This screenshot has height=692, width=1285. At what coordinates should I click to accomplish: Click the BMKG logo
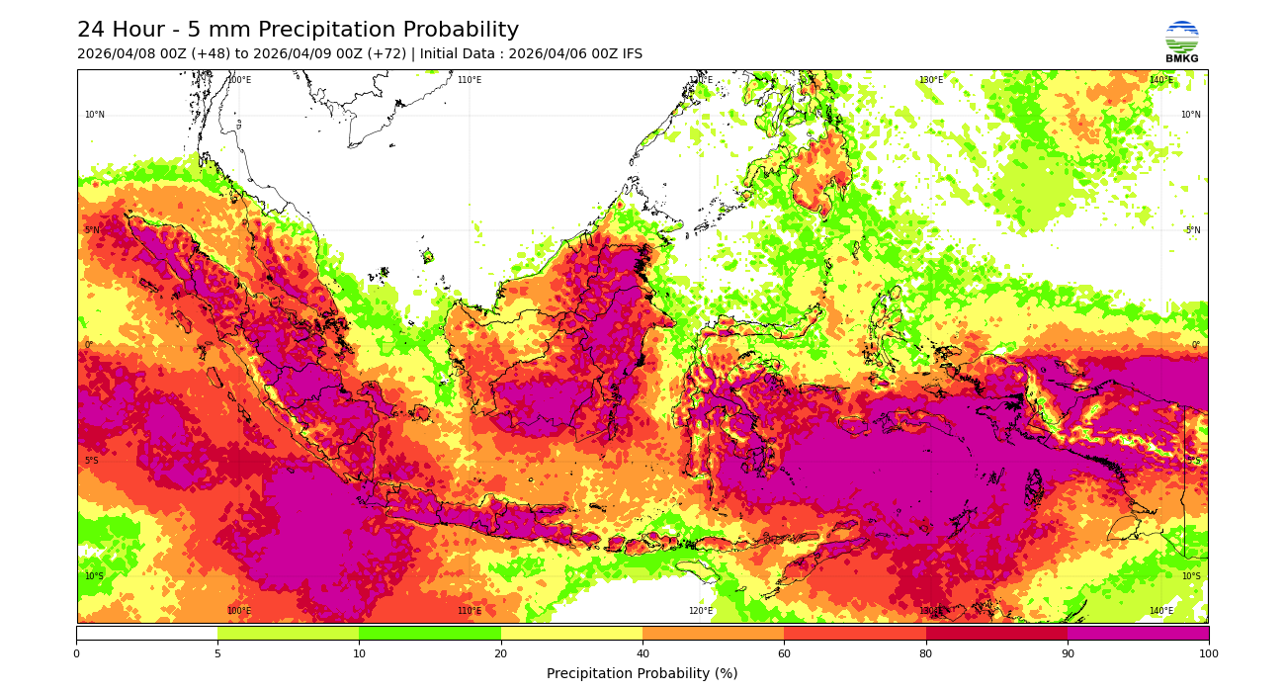[1181, 41]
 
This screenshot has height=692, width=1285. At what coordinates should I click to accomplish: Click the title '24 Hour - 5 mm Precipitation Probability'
[298, 31]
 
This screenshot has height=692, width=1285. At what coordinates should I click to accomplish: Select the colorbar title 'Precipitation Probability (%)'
[642, 674]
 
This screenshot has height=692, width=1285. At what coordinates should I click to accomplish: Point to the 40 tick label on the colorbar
[642, 653]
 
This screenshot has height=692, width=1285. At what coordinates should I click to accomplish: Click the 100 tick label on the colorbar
[1208, 653]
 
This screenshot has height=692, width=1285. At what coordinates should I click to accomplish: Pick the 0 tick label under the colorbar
[76, 653]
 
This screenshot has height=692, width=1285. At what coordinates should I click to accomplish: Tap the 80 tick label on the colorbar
[926, 653]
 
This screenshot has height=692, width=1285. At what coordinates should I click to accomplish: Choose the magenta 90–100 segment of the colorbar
[1138, 633]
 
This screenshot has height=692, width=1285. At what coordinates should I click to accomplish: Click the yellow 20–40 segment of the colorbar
[571, 633]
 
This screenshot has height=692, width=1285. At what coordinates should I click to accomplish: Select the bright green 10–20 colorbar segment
[430, 633]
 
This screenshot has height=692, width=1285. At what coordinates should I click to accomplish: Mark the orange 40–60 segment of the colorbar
[713, 633]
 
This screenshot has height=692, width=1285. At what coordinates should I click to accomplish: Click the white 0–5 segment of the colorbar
[146, 633]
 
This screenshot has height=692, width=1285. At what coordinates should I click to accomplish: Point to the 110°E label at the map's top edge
[470, 80]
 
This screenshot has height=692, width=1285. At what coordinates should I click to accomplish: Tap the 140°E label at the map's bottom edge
[1160, 611]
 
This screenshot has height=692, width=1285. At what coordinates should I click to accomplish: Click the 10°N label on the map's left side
[94, 115]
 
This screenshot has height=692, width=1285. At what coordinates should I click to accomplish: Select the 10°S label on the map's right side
[1190, 576]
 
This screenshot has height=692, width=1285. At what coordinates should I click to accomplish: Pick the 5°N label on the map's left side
[92, 230]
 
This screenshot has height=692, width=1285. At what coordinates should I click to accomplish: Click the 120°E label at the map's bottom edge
[700, 611]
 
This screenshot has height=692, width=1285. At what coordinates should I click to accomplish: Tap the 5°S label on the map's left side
[91, 461]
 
